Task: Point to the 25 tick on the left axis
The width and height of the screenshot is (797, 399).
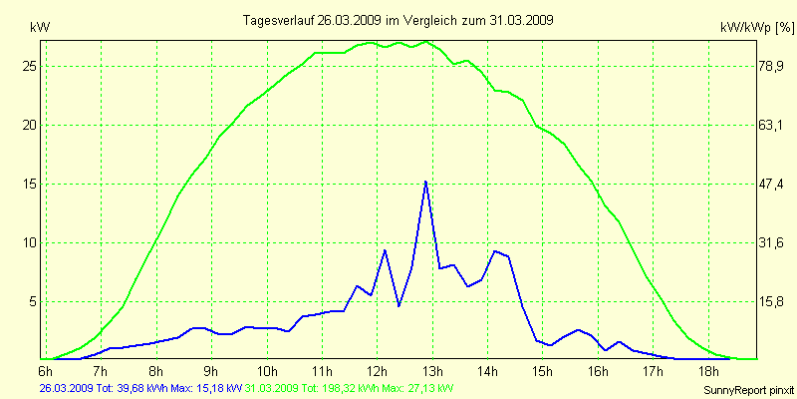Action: point(29,66)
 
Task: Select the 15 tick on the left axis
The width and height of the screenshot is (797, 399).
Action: point(29,184)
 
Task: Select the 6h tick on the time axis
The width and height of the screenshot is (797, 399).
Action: point(45,371)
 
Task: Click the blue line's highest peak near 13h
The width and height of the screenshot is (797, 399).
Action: point(425,182)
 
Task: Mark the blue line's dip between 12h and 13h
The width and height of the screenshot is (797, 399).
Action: point(398,305)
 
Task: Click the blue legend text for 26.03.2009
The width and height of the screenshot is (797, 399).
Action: point(139,387)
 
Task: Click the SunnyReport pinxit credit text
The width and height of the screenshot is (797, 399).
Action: point(746,388)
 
